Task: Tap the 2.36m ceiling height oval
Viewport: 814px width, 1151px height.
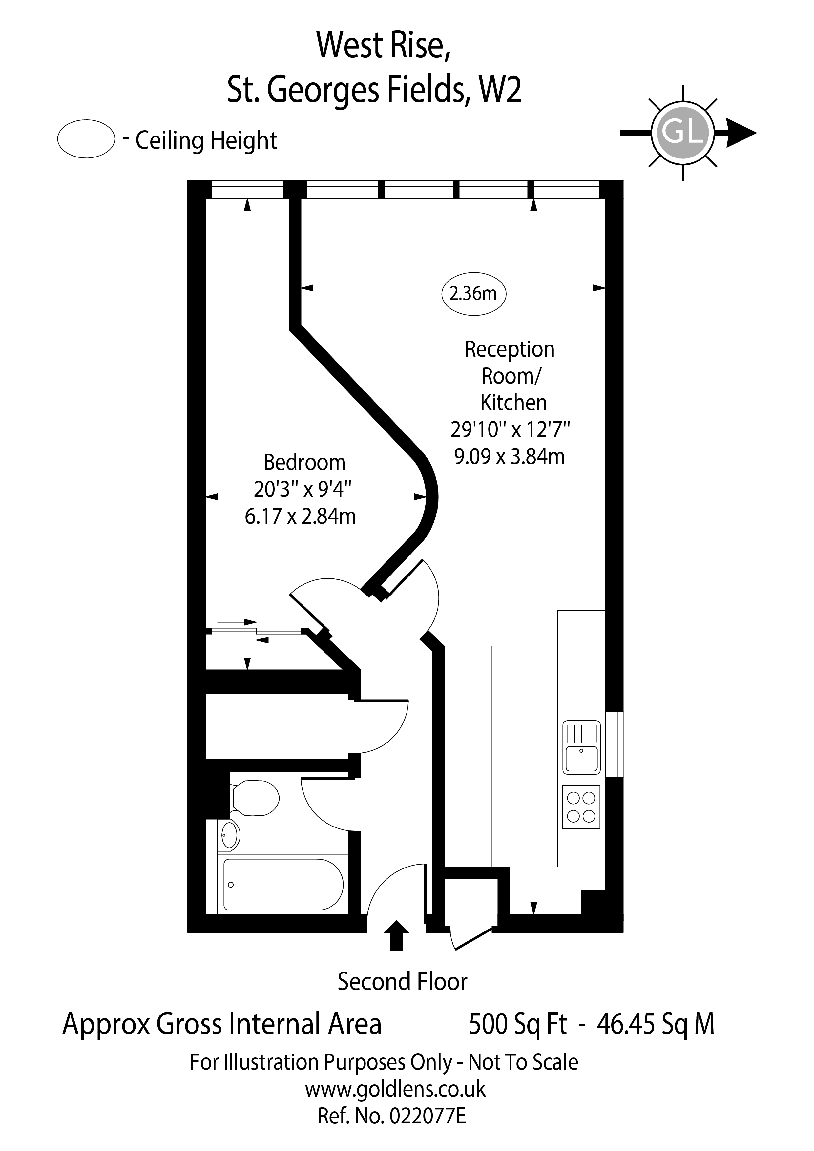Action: pyautogui.click(x=473, y=293)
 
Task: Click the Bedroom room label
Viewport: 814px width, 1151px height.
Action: pyautogui.click(x=304, y=462)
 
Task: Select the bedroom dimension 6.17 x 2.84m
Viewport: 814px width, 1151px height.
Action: pyautogui.click(x=300, y=516)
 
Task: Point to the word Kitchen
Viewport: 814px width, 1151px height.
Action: pyautogui.click(x=513, y=403)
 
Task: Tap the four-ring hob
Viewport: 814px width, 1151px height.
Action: pyautogui.click(x=581, y=807)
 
